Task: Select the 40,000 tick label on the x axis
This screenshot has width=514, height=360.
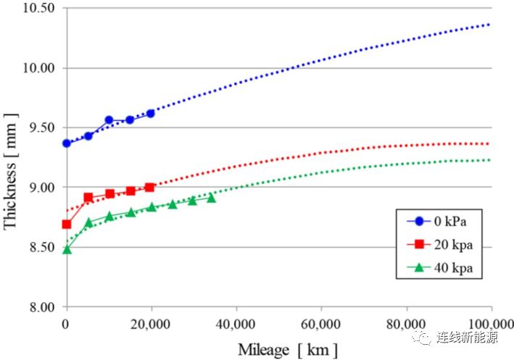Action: pos(236,322)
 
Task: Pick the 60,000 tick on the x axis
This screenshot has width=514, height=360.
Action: pos(321,322)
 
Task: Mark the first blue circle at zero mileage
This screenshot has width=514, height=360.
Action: pos(67,143)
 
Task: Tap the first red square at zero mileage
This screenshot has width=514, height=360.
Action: pos(67,225)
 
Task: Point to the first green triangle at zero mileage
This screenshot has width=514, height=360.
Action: pos(67,249)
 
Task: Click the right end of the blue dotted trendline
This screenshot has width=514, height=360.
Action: pos(490,24)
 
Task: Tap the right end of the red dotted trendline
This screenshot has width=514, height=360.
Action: pos(490,143)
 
